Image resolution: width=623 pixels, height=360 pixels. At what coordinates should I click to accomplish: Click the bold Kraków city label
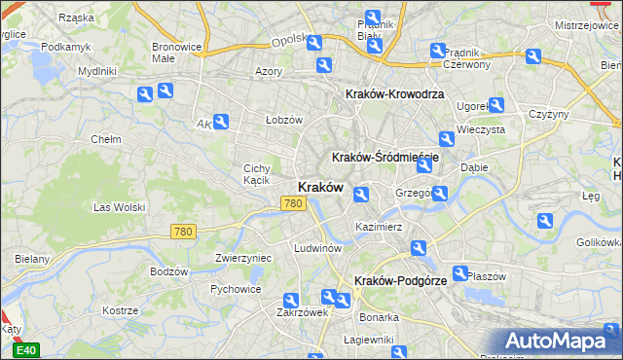[x=318, y=187]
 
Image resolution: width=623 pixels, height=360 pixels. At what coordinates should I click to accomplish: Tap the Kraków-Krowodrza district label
[x=395, y=94]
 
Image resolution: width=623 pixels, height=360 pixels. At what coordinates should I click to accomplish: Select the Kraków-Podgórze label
[x=401, y=280]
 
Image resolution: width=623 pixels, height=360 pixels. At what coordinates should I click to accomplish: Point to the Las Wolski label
[x=119, y=207]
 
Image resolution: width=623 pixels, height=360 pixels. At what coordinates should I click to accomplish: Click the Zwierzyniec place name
[x=242, y=259]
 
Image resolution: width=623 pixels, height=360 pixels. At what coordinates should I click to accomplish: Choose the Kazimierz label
[x=380, y=227]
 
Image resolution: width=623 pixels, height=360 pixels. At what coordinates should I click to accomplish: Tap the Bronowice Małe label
[x=176, y=52]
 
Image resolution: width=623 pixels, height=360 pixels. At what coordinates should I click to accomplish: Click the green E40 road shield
[x=27, y=350]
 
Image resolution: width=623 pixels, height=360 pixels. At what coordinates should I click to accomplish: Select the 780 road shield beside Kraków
[x=292, y=203]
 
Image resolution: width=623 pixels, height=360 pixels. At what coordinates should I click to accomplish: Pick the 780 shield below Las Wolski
[x=182, y=232]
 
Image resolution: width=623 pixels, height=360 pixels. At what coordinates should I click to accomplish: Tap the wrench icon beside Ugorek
[x=496, y=105]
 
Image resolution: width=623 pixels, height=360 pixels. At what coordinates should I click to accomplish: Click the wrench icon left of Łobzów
[x=221, y=122]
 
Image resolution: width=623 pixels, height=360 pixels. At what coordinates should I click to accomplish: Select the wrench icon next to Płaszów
[x=459, y=274]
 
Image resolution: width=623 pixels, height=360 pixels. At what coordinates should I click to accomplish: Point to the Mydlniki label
[x=97, y=71]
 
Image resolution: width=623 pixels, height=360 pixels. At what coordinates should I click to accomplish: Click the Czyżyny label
[x=548, y=114]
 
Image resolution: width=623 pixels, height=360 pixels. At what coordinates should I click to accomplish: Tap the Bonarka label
[x=379, y=317]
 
